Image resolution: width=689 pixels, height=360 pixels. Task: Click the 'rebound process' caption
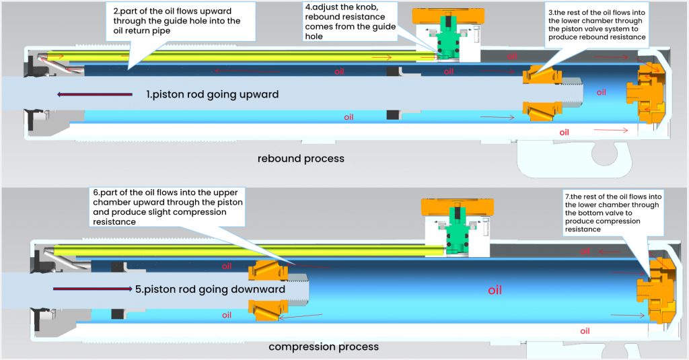point(301,159)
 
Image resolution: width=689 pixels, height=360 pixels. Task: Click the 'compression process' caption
point(324,347)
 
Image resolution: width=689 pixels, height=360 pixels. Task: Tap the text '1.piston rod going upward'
point(212,95)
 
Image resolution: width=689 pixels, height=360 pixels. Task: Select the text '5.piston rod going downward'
point(210,289)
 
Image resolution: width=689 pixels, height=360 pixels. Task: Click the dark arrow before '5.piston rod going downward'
point(92,289)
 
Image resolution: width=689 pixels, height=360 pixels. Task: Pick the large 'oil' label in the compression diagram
point(495,291)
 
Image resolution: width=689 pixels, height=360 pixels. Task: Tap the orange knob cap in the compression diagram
point(457,207)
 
